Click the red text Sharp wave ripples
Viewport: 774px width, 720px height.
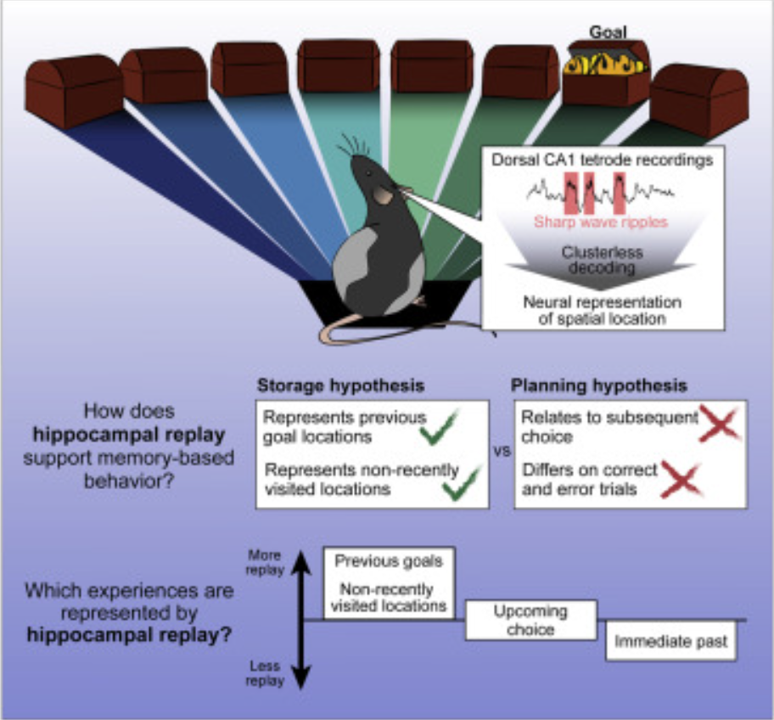pos(602,222)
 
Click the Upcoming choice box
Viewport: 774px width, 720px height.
pos(530,621)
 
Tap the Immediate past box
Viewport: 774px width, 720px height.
pos(670,642)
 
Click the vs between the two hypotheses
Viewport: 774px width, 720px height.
pos(502,452)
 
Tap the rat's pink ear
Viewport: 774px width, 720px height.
pos(383,196)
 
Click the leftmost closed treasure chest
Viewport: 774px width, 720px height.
pos(74,91)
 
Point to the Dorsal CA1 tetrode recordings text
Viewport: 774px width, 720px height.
pos(602,159)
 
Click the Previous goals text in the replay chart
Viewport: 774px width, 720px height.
pos(388,561)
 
